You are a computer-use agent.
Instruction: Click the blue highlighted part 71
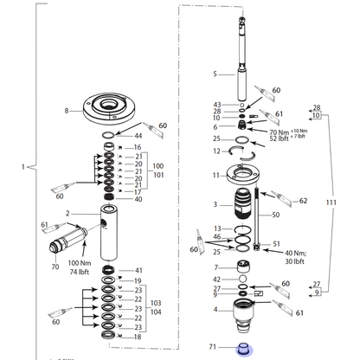pos(244,349)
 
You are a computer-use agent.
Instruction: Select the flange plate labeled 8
pos(108,108)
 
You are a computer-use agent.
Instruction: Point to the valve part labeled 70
pos(68,241)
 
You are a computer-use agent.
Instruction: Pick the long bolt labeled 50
pos(256,219)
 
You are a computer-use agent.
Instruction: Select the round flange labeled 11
pos(244,174)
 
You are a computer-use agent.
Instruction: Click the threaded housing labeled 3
pos(243,204)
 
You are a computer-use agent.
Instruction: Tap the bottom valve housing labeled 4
pos(244,317)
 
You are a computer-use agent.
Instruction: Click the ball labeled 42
pos(243,279)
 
